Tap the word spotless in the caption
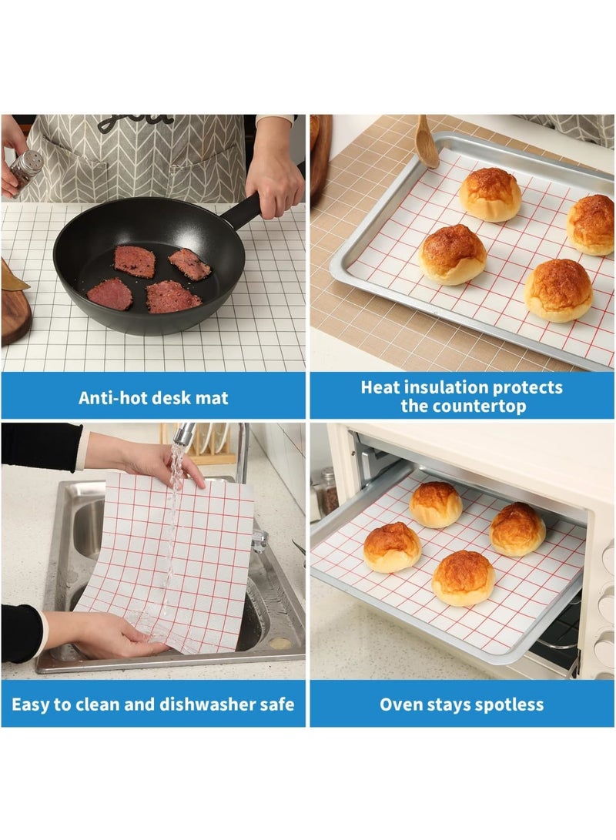coord(507,704)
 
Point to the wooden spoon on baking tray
coord(427,142)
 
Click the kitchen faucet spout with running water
coord(183,435)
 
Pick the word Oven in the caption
coord(400,704)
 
